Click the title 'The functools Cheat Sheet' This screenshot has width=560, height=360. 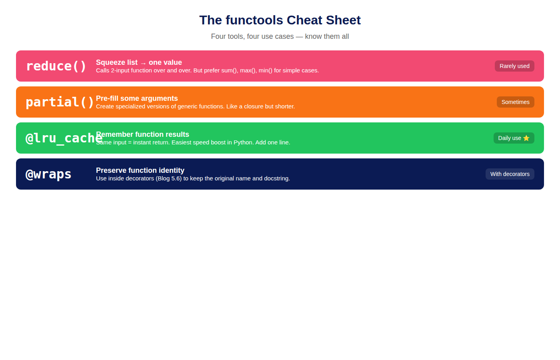(x=280, y=20)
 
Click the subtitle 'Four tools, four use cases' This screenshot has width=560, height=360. (x=252, y=36)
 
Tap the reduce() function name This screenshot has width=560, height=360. (x=56, y=66)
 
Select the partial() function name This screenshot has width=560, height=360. (x=60, y=102)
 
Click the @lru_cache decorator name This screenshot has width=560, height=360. (x=64, y=138)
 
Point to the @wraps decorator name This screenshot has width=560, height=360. (x=48, y=174)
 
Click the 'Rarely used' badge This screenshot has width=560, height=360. (x=514, y=66)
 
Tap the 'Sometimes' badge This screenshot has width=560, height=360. (x=516, y=102)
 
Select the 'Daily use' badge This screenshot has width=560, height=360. (x=514, y=138)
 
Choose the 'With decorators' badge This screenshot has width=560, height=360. (x=510, y=174)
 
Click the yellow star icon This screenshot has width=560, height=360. (x=526, y=138)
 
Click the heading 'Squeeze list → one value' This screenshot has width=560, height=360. (x=139, y=62)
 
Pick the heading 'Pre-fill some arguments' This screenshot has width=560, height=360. (x=137, y=98)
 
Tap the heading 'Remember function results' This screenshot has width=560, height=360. (x=142, y=134)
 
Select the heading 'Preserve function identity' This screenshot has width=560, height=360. (x=140, y=170)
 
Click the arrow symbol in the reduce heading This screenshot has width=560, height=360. (x=143, y=64)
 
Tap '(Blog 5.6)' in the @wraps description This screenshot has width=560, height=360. (x=168, y=178)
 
